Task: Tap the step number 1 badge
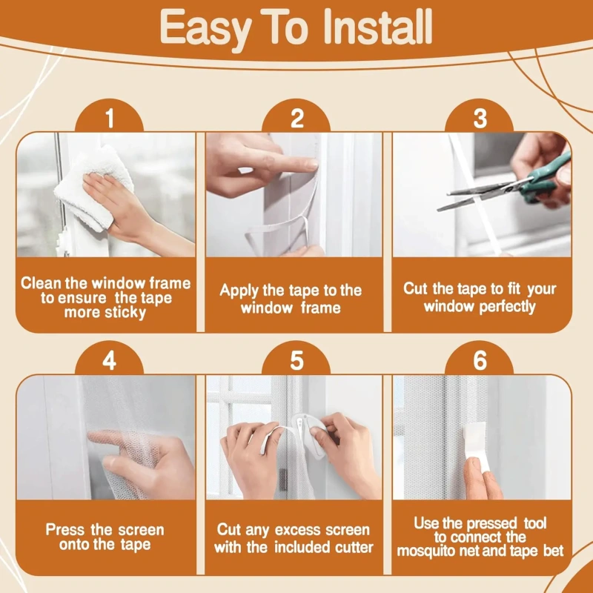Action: coord(110,118)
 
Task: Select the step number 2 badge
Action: coord(296,118)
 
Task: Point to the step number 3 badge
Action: coord(480,118)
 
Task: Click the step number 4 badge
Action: coord(110,361)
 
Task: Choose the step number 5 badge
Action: coord(296,361)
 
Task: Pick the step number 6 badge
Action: coord(480,361)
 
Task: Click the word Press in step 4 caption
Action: coord(65,530)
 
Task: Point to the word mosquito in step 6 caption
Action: coord(428,551)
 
